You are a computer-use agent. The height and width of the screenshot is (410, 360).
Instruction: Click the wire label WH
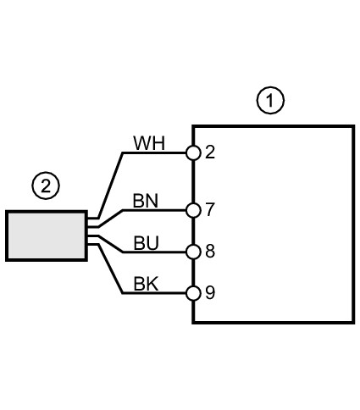pos(149,143)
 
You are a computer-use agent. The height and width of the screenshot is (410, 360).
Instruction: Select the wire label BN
pos(146,201)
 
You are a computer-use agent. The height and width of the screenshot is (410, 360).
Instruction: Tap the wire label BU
pos(146,243)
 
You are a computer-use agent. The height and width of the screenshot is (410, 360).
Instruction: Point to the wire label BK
pos(146,284)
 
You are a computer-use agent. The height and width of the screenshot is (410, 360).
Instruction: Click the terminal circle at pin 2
pos(193,153)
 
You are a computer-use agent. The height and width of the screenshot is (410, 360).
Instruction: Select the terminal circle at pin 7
pos(193,210)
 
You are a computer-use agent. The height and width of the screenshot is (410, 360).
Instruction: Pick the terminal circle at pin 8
pos(193,252)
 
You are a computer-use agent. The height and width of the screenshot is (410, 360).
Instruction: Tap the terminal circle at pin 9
pos(193,293)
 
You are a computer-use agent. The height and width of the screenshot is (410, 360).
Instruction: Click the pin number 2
pos(210,152)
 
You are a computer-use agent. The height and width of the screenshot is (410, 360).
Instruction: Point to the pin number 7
pos(210,209)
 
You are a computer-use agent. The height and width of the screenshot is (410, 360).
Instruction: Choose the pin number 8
pos(210,251)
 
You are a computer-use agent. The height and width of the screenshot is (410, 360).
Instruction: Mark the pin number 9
pos(210,292)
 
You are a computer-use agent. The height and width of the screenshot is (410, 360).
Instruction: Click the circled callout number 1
pos(270,100)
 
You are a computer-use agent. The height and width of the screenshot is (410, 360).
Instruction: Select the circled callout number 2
pos(46,186)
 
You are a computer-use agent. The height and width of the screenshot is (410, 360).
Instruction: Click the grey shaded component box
pos(47,235)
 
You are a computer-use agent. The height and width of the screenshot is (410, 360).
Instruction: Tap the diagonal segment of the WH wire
pos(110,186)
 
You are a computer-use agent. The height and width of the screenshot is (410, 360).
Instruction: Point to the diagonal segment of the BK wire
pos(110,269)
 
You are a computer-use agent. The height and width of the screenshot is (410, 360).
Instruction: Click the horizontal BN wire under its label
pos(154,210)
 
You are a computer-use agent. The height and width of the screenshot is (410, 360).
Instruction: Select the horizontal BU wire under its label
pos(154,252)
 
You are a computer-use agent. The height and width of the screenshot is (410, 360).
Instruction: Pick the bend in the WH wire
pos(123,153)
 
